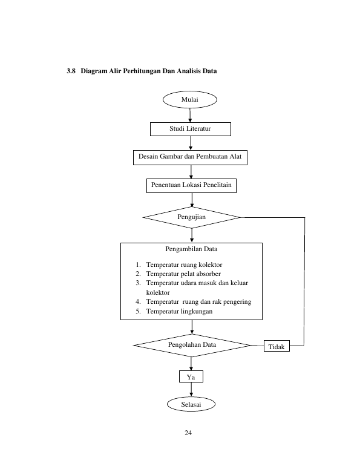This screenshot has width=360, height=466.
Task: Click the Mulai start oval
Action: [x=190, y=100]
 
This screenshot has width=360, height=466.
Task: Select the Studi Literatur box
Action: [x=191, y=129]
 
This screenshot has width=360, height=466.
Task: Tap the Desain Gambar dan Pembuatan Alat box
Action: [x=190, y=157]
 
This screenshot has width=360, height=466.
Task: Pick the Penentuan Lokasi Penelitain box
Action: [x=191, y=186]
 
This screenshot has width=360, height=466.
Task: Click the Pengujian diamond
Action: [x=192, y=217]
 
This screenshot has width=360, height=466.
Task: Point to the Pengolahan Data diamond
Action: [x=192, y=345]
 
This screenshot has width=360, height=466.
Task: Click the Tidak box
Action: [x=277, y=346]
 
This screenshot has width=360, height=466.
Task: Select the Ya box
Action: [x=191, y=376]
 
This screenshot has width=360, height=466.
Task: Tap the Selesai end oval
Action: [x=191, y=404]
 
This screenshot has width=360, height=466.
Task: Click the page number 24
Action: [x=188, y=433]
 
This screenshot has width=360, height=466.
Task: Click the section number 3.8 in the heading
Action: [x=71, y=71]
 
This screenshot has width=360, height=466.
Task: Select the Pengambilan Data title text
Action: [x=191, y=249]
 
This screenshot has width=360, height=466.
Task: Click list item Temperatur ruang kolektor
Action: [x=184, y=265]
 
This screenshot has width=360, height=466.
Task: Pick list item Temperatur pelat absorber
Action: [x=183, y=274]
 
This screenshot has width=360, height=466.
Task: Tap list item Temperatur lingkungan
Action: [x=180, y=312]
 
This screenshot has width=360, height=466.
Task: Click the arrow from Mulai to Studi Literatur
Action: [x=190, y=116]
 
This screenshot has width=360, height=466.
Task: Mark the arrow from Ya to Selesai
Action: [x=191, y=390]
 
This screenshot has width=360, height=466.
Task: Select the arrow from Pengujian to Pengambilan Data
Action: [x=192, y=235]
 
